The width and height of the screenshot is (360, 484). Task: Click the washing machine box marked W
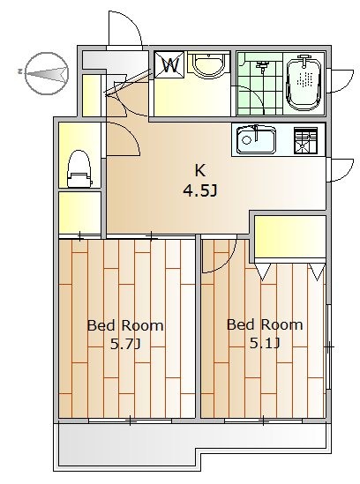[x=169, y=64]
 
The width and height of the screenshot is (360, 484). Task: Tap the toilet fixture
[x=79, y=168]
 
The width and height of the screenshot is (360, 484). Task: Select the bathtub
[x=304, y=83]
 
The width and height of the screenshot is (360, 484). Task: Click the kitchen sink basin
[x=256, y=140]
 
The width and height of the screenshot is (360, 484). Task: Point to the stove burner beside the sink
[x=305, y=140]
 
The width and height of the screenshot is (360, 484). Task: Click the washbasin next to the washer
[x=209, y=65]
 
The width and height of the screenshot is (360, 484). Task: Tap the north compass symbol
[x=47, y=73]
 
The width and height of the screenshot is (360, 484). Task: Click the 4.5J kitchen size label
[x=200, y=191]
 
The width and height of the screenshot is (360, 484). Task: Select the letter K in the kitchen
[x=199, y=170]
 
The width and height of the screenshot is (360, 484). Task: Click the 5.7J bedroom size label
[x=125, y=344]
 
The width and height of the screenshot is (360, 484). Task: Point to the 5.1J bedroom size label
[x=265, y=343]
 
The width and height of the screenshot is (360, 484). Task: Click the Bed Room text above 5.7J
[x=125, y=325]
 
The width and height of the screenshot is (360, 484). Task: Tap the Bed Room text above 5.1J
[x=265, y=324]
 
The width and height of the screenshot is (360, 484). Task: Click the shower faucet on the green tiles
[x=262, y=66]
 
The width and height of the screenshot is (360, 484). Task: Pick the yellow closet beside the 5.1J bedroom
[x=290, y=236]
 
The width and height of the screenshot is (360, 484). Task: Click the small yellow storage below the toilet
[x=79, y=212]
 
